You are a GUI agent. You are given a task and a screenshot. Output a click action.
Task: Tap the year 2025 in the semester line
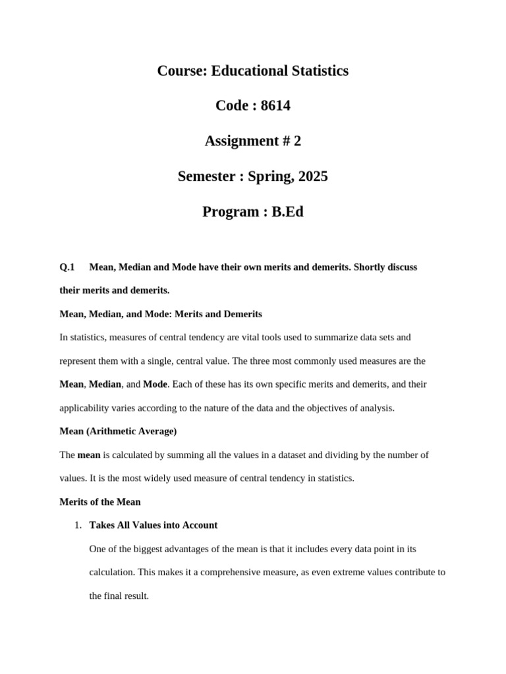[x=313, y=176]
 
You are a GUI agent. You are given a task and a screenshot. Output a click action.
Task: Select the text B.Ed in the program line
[x=287, y=212]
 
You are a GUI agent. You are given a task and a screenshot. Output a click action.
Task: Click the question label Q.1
[x=67, y=267]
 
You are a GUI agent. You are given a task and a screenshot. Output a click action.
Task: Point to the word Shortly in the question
[x=372, y=267]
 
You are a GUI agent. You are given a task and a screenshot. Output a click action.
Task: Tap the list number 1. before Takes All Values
[x=78, y=525]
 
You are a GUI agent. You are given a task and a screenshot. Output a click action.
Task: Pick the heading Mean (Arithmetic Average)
[x=118, y=431]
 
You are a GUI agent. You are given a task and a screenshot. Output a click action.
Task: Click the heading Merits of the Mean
[x=100, y=502]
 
